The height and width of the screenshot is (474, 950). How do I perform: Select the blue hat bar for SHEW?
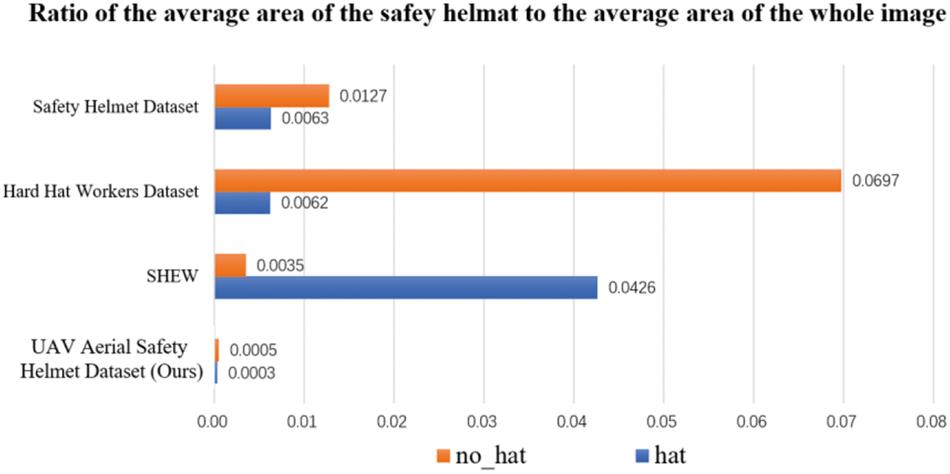(x=406, y=287)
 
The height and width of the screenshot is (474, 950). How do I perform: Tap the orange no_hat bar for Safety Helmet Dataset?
(x=272, y=96)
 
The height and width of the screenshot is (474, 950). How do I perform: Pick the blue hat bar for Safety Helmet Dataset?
(x=243, y=118)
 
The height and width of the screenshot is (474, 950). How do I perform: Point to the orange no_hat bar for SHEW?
(x=230, y=266)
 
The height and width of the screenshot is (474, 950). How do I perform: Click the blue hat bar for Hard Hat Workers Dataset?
(x=242, y=204)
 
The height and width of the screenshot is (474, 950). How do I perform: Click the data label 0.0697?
(x=876, y=181)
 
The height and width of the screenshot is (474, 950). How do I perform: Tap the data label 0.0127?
(x=363, y=96)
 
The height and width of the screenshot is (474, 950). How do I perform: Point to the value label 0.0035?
(x=280, y=266)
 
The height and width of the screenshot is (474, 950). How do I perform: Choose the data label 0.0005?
(x=253, y=350)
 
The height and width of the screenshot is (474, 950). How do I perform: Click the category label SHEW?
(x=173, y=275)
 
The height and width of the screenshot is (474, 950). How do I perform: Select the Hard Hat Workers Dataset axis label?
(x=101, y=191)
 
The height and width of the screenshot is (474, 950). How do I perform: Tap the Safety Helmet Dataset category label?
(x=116, y=107)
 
